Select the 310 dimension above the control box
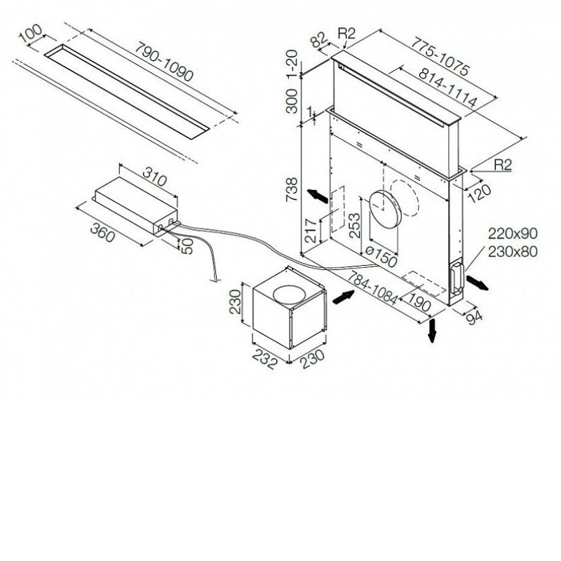click(x=155, y=176)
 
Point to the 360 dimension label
click(x=102, y=232)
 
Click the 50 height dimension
click(x=187, y=246)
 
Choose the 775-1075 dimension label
click(x=440, y=56)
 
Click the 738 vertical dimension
click(x=292, y=189)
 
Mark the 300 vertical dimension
click(x=292, y=101)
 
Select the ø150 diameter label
click(x=381, y=256)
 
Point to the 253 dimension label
click(x=354, y=225)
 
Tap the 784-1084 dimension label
click(x=372, y=288)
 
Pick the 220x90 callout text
click(x=513, y=234)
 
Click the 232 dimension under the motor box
click(x=265, y=359)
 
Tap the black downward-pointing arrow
click(x=433, y=330)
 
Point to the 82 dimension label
click(x=320, y=40)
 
